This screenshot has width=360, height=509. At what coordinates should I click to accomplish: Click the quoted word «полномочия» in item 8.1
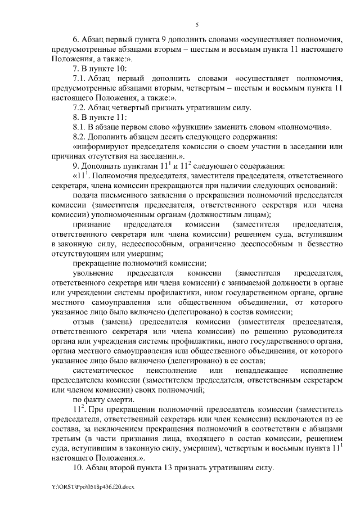pos(307,127)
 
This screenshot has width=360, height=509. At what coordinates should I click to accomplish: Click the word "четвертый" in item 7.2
pos(134,106)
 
